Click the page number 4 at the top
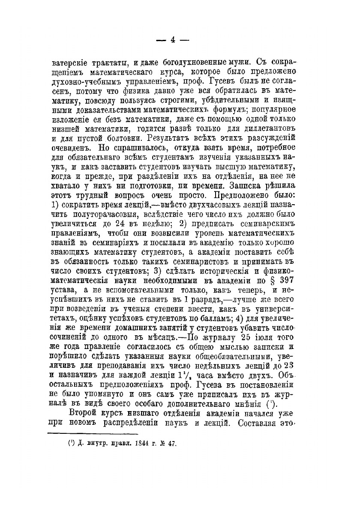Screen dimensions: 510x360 [x=173, y=40]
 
